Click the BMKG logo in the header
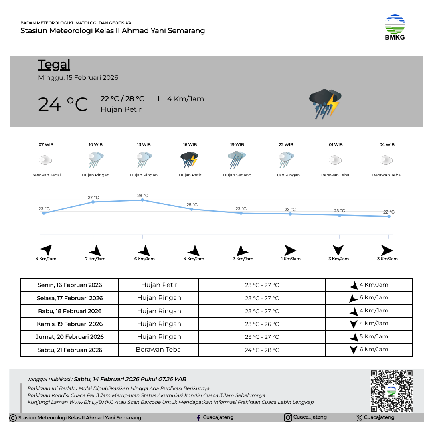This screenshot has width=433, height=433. click(395, 27)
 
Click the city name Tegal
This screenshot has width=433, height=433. click(54, 65)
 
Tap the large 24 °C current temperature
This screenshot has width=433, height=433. click(63, 105)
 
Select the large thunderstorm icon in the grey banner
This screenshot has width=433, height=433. click(325, 104)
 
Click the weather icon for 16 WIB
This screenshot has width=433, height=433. click(190, 160)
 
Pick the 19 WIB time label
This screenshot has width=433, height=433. click(237, 144)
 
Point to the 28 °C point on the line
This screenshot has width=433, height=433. click(142, 200)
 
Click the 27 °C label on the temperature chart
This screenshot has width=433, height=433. click(93, 198)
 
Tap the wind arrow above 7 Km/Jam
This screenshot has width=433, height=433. click(95, 251)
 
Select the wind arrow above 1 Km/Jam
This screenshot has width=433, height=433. click(290, 251)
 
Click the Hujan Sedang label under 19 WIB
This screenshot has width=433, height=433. click(237, 175)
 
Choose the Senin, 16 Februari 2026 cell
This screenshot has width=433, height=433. click(70, 285)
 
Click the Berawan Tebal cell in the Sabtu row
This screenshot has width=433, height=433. click(159, 350)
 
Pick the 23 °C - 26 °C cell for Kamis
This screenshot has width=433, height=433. click(262, 324)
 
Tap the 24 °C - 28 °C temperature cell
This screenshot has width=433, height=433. click(262, 350)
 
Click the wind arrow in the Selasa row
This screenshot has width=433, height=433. click(353, 298)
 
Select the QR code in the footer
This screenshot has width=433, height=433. click(391, 391)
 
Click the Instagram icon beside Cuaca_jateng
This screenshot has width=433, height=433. click(288, 417)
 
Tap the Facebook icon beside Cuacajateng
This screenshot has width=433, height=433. click(198, 418)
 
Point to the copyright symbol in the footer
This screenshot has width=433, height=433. click(13, 418)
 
